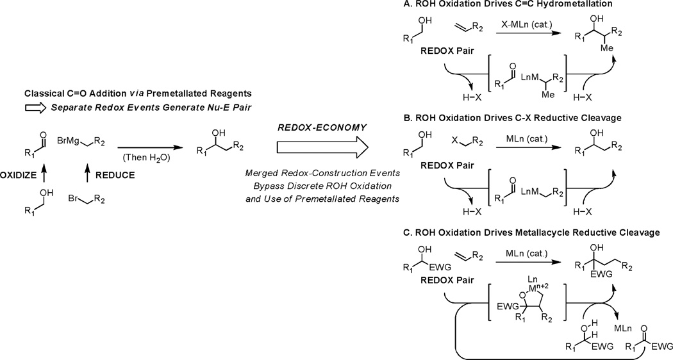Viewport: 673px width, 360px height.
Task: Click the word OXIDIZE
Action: coord(22,190)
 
